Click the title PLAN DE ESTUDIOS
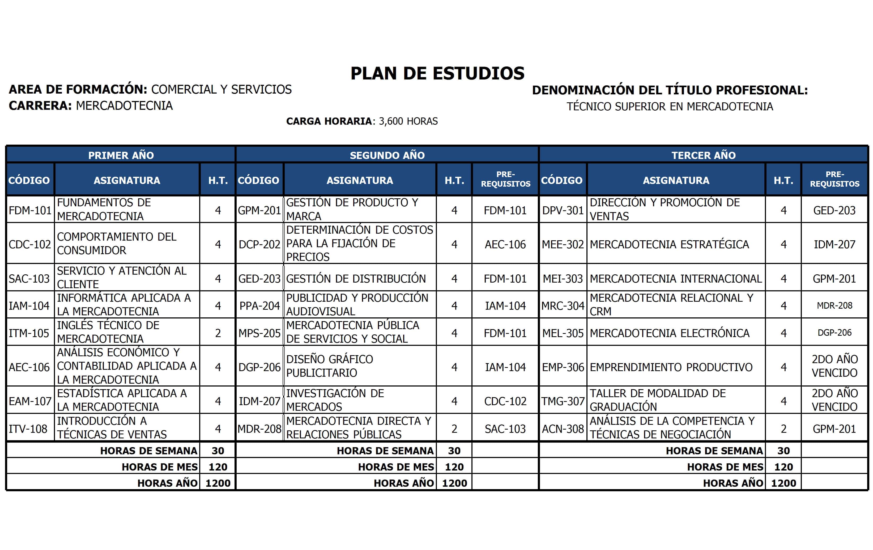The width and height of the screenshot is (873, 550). coord(437,73)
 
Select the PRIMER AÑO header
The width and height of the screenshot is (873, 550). coord(121,155)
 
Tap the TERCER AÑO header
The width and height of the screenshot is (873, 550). coord(703,155)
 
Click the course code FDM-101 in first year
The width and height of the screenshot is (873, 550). coord(30,210)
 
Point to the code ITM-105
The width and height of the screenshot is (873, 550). coord(29,333)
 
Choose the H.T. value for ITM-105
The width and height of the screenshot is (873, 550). coord(218,333)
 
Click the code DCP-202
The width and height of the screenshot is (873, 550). coord(259,244)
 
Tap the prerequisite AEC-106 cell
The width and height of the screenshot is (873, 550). coord(505,244)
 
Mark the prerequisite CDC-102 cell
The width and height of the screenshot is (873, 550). coord(505,401)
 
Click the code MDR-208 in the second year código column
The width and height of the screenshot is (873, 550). coord(259,429)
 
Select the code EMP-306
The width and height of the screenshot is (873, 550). coord(563,367)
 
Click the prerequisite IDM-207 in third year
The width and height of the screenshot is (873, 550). coord(834,244)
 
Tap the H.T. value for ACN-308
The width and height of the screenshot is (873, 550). coord(783,429)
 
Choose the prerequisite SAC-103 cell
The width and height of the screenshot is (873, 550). coord(505,429)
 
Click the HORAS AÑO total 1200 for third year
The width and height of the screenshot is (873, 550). coord(783,483)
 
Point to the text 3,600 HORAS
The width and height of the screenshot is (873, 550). coord(408,121)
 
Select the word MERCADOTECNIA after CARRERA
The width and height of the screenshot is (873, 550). coord(124,106)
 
